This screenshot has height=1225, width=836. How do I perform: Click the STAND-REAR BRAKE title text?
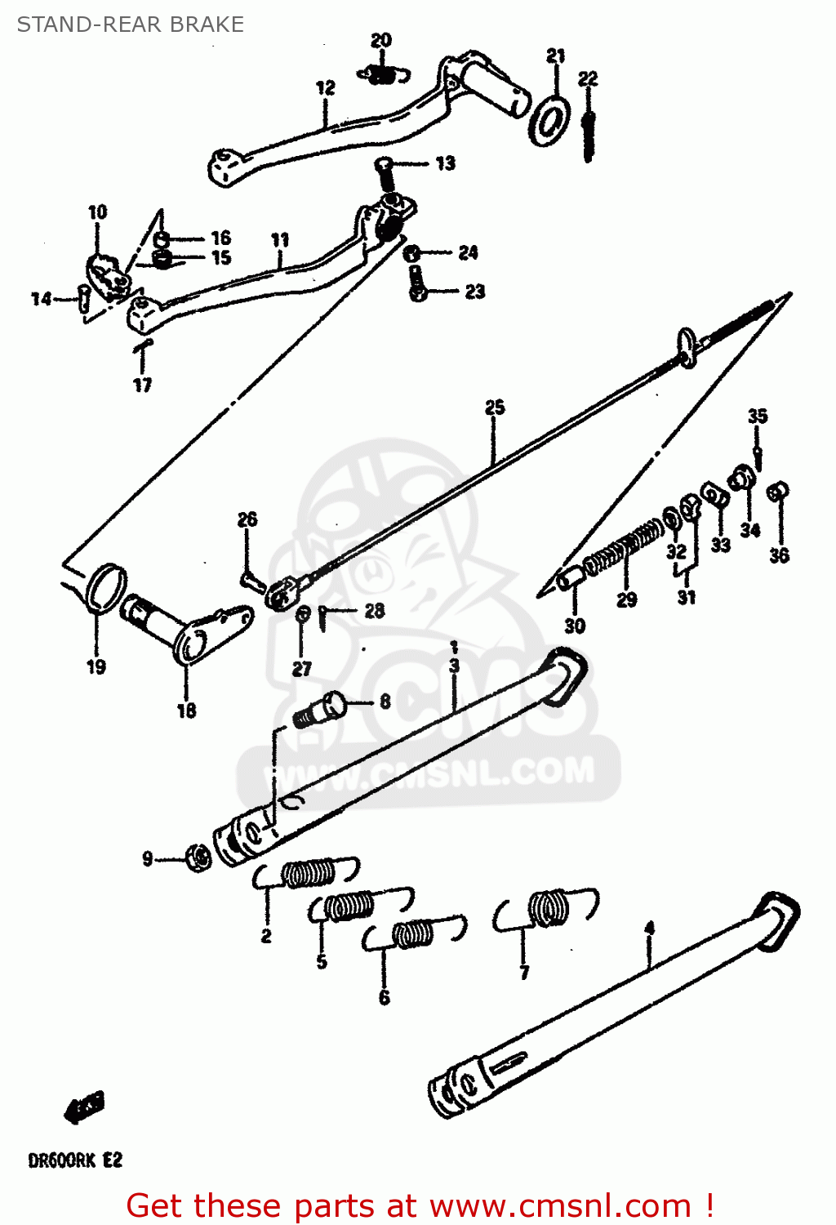coord(131,24)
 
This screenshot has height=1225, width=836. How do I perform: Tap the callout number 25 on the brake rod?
coord(495,407)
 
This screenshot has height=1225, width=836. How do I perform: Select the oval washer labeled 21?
coord(549,121)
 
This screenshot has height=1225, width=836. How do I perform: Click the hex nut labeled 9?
coord(197,857)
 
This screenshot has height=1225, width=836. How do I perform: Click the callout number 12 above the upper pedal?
coord(325,87)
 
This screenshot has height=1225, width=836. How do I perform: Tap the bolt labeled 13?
coord(385,171)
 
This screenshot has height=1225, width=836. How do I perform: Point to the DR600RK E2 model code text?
coord(75,1160)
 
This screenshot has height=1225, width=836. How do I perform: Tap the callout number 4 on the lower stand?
coord(649,929)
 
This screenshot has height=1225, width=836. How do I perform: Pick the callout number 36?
coord(779,555)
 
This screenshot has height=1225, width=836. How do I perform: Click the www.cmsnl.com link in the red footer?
coord(560,1205)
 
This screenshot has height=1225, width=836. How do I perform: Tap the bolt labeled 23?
coord(417,283)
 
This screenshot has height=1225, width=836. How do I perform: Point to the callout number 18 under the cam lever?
coord(186,710)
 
